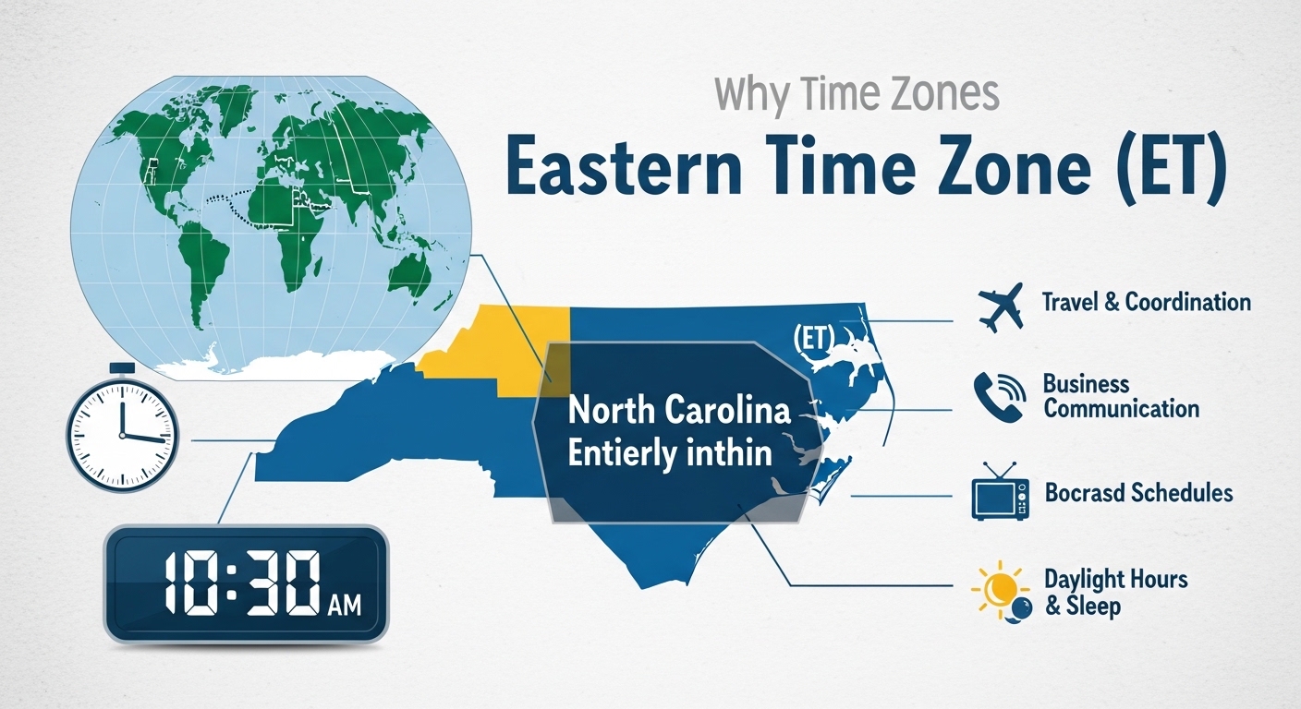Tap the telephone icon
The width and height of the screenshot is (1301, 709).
click(999, 397)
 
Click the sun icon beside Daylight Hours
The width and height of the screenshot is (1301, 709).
click(995, 590)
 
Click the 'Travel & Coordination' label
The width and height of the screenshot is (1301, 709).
click(1146, 302)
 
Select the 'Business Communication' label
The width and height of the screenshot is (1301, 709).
click(1120, 396)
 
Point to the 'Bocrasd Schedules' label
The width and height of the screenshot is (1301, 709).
click(1138, 493)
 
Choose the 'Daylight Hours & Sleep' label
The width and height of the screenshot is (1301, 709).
click(1114, 593)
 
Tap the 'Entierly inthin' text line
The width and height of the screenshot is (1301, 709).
click(670, 454)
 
